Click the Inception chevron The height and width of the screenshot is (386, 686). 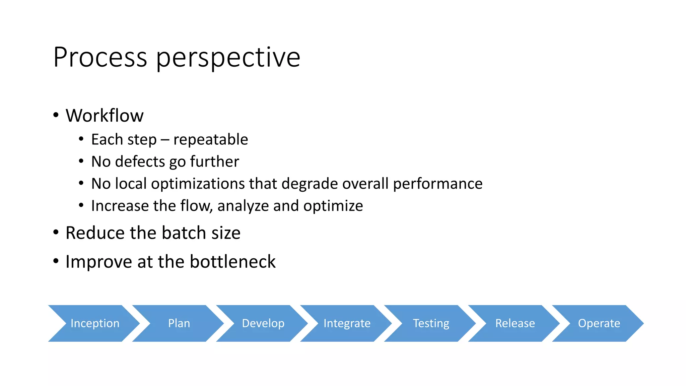pos(95,323)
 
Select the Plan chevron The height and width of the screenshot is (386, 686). pos(179,323)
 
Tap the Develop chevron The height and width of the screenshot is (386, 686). pos(263,323)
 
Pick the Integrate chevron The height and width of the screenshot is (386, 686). pos(347,323)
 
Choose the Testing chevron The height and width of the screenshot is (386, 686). pos(431,323)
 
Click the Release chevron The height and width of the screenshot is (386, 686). pos(515,323)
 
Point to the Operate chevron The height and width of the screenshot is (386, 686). pos(599,323)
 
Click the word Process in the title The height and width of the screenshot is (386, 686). pos(100,57)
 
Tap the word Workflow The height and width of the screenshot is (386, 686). pos(105,116)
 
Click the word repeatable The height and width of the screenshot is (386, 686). pos(211,140)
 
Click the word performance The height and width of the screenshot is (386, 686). pos(437,184)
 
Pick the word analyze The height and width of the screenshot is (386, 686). pos(243,206)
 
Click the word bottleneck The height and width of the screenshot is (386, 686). pos(232,262)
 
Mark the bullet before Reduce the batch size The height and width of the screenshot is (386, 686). pos(56,232)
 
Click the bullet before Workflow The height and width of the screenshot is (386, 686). pos(56,115)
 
